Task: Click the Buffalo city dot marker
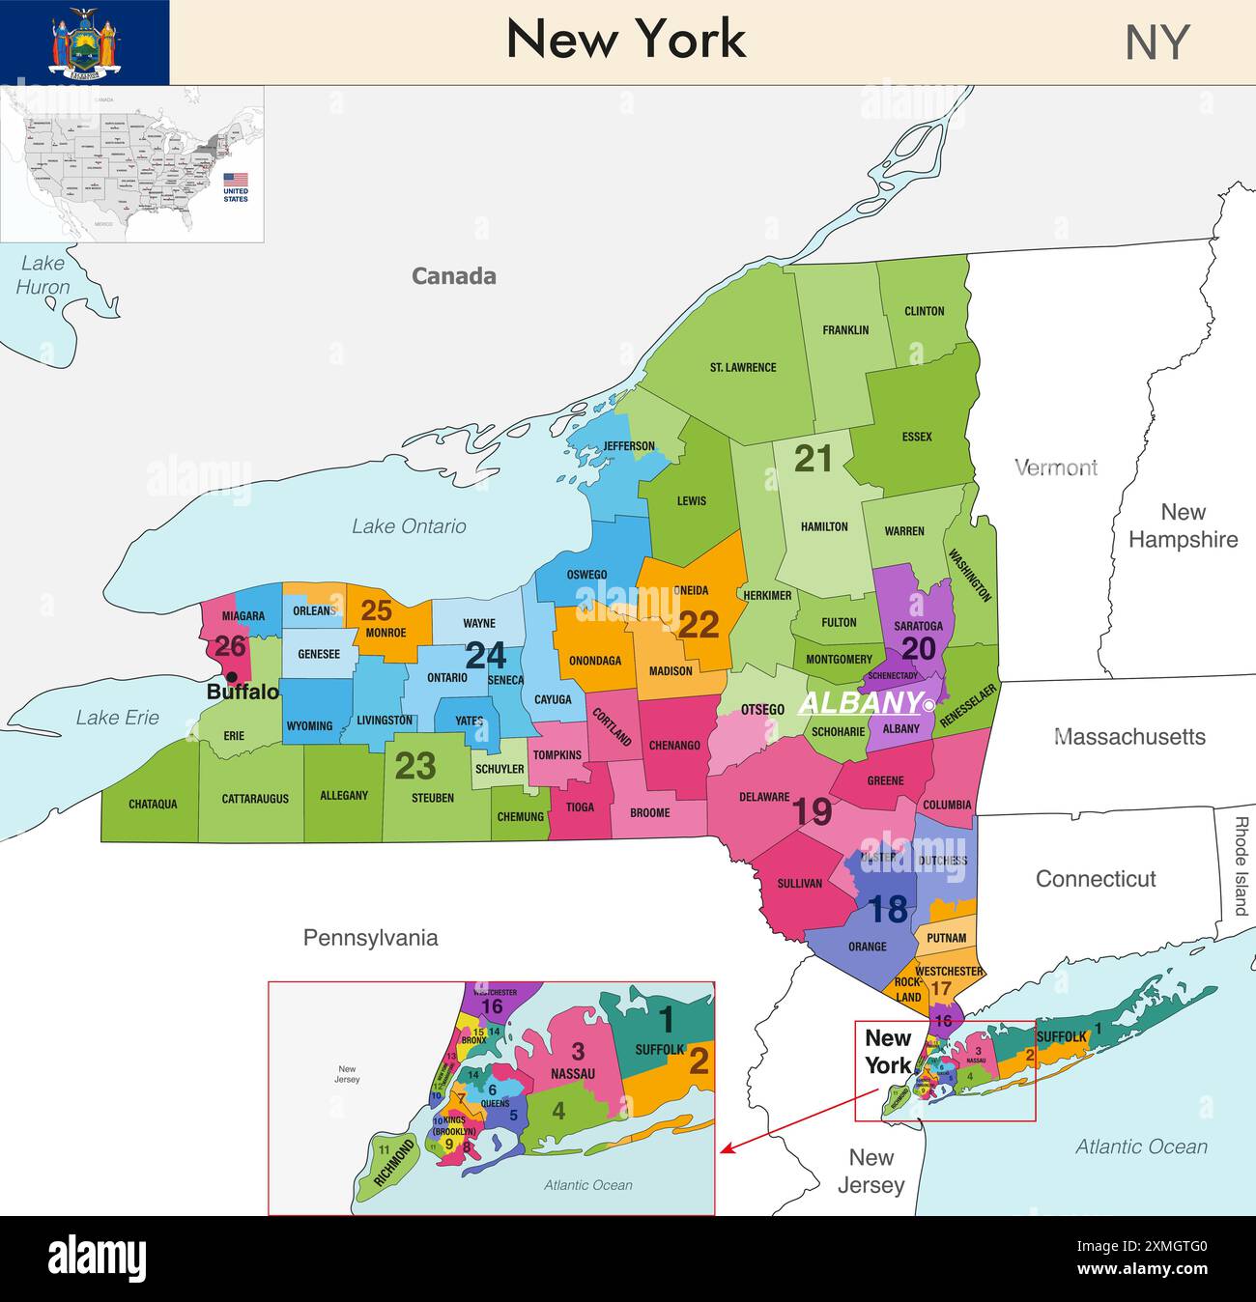[x=232, y=676]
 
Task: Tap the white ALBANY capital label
[x=859, y=702]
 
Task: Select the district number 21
[x=813, y=459]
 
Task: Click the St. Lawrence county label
[x=742, y=367]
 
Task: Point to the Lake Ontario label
[x=408, y=526]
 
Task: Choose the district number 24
[x=485, y=657]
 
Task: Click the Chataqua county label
[x=153, y=804]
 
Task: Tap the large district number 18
[x=887, y=910]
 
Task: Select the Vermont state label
[x=1055, y=467]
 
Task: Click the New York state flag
[x=84, y=42]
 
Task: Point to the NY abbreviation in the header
[x=1156, y=42]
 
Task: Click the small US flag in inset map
[x=236, y=180]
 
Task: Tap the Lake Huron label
[x=43, y=274]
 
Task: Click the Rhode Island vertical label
[x=1242, y=866]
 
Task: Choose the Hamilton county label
[x=824, y=527]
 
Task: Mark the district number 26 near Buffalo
[x=230, y=644]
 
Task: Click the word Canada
[x=453, y=276]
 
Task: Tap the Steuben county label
[x=432, y=798]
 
